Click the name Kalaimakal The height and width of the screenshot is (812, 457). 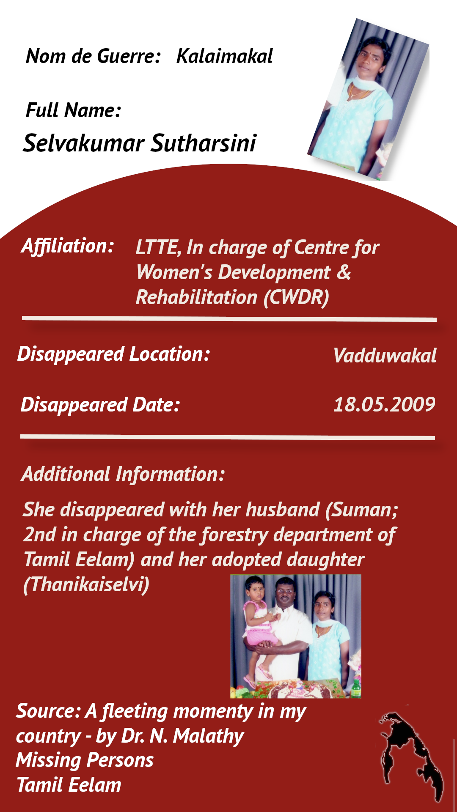pos(224,56)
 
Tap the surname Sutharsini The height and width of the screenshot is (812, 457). pos(204,143)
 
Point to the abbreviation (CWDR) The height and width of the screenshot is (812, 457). pos(296,298)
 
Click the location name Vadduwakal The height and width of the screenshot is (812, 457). pos(385,356)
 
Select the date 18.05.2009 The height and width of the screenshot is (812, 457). pos(384,405)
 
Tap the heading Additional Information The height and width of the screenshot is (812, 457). pos(123,474)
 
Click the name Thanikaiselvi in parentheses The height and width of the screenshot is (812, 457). pos(86,585)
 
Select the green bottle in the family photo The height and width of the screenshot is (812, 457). pos(356,688)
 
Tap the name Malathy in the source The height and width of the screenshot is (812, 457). pos(208,736)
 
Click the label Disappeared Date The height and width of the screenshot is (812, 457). pos(101,405)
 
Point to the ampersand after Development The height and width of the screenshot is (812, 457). pos(344,272)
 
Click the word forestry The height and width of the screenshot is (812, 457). pos(235,535)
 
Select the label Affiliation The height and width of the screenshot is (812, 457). pos(68,246)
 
